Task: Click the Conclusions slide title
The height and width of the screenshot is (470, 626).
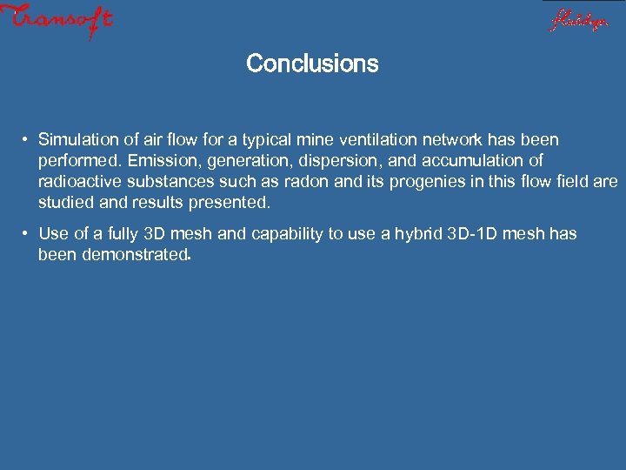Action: (x=312, y=64)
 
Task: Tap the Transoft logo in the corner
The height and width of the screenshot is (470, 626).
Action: (x=57, y=21)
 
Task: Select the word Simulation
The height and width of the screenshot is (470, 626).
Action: (x=77, y=140)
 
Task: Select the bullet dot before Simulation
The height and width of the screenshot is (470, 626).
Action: (x=28, y=140)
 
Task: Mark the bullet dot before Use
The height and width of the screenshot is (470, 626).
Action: (x=28, y=234)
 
